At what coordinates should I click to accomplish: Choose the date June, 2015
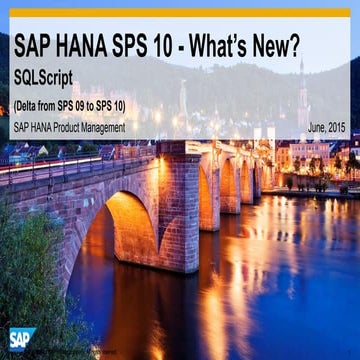(327, 128)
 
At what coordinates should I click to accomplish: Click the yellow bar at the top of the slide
(180, 13)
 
